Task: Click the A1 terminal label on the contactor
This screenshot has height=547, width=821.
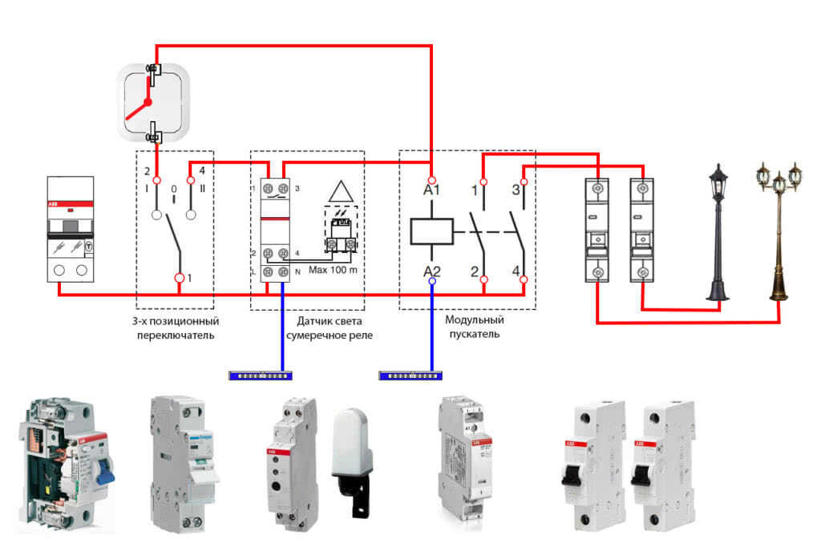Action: pos(432,191)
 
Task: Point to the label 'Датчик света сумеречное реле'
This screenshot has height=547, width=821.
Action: pos(331,328)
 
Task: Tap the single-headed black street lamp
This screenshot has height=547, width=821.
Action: pos(718,232)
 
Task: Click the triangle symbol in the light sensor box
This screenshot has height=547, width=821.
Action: pos(342,193)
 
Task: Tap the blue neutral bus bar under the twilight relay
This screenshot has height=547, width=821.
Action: pos(261,374)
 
